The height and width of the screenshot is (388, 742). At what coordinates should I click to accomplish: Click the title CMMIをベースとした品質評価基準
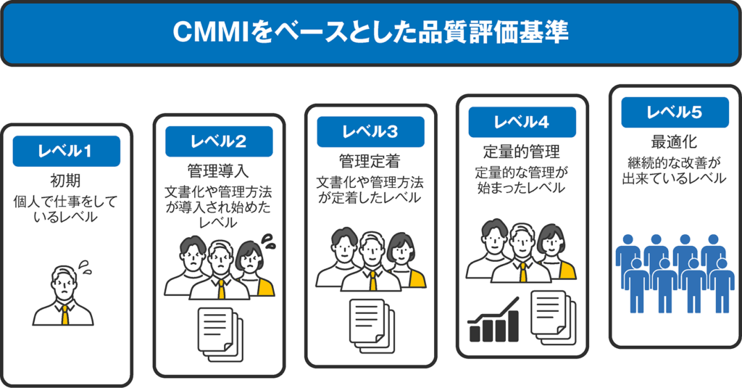click(x=370, y=33)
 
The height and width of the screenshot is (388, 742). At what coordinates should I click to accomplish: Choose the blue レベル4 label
click(x=522, y=122)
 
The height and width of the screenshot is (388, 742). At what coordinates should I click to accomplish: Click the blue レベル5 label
click(x=674, y=112)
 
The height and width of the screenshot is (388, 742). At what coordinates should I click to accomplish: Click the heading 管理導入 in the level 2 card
click(x=218, y=171)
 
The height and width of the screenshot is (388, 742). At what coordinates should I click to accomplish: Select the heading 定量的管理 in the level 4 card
click(x=522, y=152)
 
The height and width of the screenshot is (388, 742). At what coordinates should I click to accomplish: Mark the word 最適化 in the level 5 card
click(x=674, y=141)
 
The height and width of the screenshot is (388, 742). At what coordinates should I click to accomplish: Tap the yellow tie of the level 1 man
click(x=65, y=314)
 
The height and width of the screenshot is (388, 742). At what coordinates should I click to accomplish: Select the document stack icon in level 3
click(x=370, y=322)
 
